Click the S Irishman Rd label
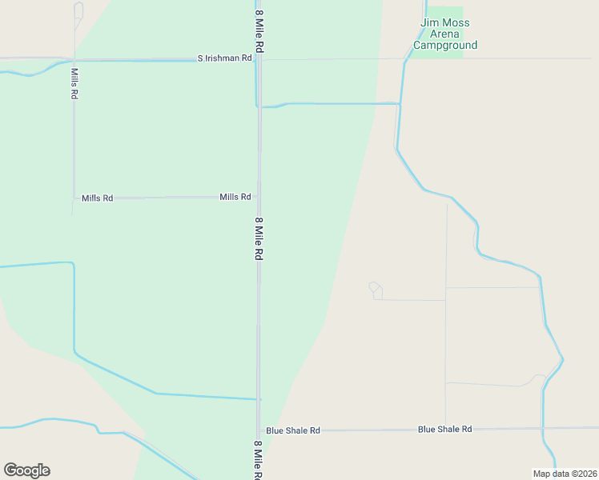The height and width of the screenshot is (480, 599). click(225, 58)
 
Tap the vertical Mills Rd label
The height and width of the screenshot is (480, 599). click(74, 83)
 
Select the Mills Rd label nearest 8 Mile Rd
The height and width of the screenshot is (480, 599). click(235, 197)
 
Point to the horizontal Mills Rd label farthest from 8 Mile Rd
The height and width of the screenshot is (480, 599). click(97, 198)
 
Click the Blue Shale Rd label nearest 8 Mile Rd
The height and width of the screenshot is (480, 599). click(293, 430)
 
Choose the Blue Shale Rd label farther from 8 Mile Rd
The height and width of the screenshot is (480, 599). click(444, 430)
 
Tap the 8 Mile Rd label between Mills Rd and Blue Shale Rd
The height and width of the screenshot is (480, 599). click(259, 238)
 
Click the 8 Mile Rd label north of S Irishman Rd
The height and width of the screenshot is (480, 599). click(259, 25)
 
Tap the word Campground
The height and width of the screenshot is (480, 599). click(445, 46)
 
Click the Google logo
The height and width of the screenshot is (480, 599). click(26, 470)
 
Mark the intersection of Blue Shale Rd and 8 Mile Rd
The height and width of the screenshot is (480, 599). click(259, 430)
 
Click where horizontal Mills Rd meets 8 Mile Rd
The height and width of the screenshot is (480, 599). click(259, 197)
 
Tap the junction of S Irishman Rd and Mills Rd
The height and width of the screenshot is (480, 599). click(74, 59)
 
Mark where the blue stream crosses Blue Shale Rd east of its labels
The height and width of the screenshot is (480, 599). click(543, 428)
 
